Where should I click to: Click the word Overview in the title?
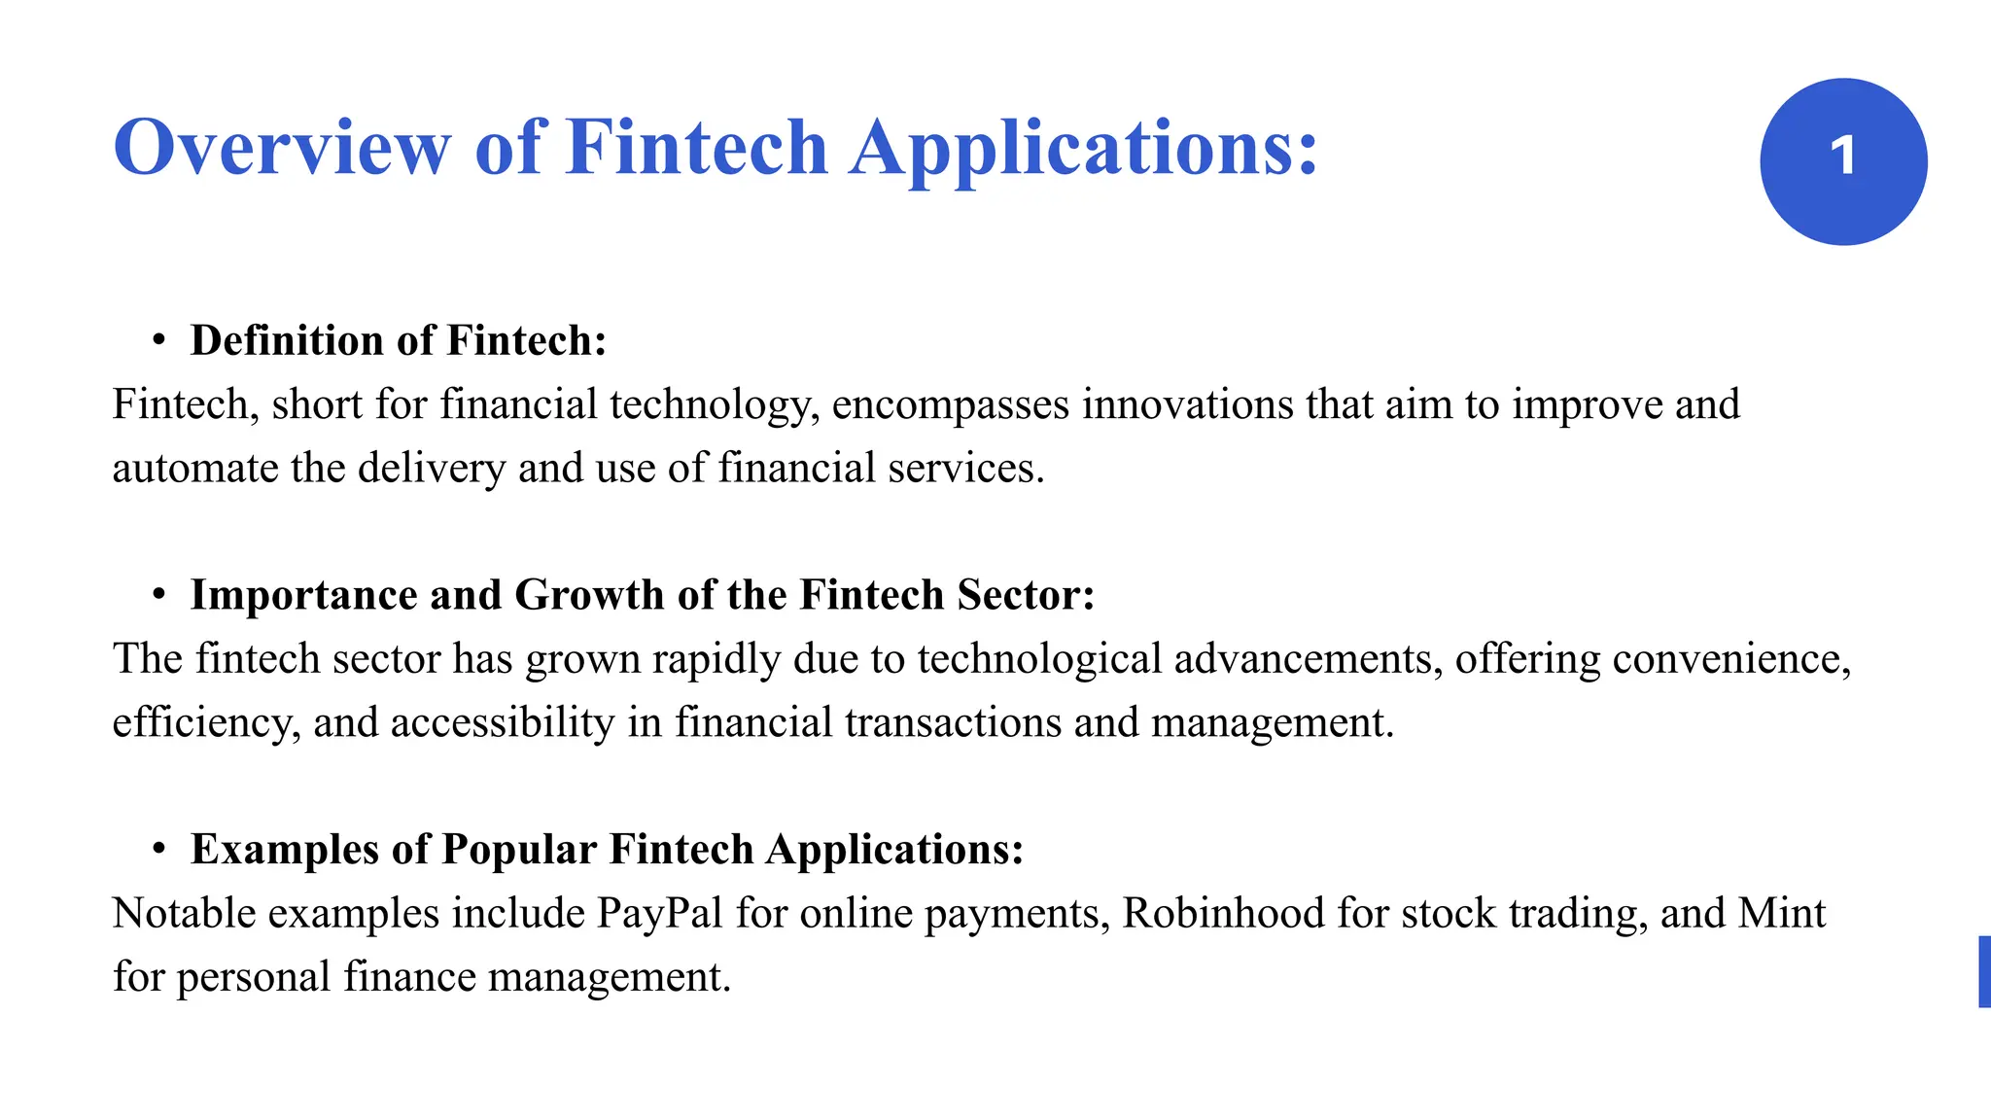pos(282,149)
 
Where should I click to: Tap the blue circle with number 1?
pos(1842,161)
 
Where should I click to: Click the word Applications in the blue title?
pos(1083,149)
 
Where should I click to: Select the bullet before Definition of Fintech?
pos(158,341)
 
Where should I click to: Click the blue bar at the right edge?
pos(1984,971)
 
